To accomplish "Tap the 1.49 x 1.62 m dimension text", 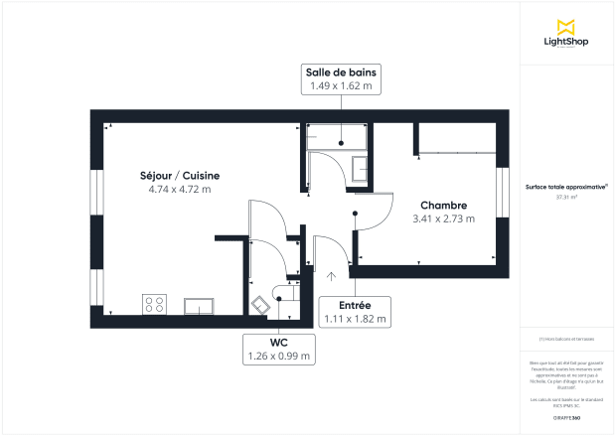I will [341, 87].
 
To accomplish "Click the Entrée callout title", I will [355, 305].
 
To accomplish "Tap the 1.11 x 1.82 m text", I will [355, 319].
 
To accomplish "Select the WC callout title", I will [278, 342].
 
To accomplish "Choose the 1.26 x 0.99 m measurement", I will [278, 356].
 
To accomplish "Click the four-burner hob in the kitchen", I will [154, 304].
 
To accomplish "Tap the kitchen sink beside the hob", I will [197, 305].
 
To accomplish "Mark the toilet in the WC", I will [262, 305].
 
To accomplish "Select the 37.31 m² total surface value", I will [567, 197].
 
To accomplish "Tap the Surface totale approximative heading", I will [566, 186].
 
